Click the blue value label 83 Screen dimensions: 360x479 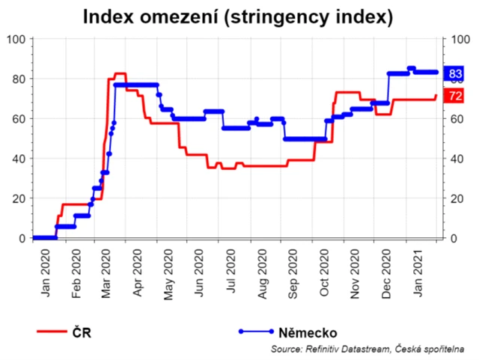pos(454,73)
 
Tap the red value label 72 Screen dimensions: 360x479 pos(454,95)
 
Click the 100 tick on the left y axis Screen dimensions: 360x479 pos(16,39)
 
